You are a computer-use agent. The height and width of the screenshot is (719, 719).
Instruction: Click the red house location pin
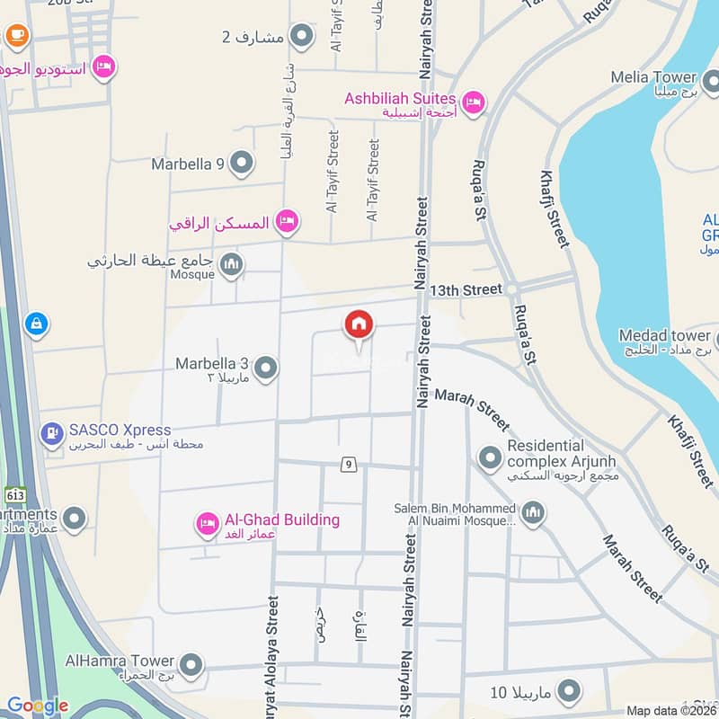click(x=359, y=325)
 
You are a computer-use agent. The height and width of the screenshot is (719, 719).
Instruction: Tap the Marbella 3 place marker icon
click(x=265, y=368)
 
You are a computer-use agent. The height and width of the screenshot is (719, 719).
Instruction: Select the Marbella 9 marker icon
click(x=241, y=164)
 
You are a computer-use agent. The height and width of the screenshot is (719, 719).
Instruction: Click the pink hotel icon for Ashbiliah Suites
click(x=474, y=102)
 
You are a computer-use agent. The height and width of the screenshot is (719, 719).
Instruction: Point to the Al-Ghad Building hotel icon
click(x=208, y=523)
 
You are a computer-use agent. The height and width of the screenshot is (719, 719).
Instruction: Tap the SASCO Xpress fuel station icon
click(x=52, y=434)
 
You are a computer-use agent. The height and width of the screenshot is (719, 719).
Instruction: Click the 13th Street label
click(x=466, y=289)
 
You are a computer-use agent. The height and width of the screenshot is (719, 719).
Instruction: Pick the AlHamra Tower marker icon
click(x=190, y=666)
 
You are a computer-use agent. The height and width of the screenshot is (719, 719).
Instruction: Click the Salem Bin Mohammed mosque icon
click(x=533, y=513)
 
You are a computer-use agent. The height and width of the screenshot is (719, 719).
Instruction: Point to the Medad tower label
click(x=664, y=336)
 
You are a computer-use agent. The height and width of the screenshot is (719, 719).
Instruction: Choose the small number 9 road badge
click(x=349, y=465)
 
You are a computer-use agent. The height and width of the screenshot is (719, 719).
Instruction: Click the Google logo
click(x=38, y=706)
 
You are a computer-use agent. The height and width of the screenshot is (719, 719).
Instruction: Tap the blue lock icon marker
click(x=36, y=323)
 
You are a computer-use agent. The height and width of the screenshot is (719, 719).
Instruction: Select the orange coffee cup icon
click(x=16, y=34)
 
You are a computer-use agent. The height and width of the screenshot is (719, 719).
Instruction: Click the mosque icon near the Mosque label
click(x=232, y=262)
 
